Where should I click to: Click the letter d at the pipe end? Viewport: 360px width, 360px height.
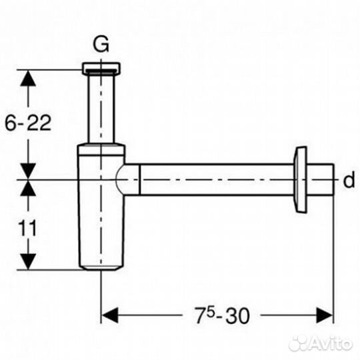[x=349, y=180]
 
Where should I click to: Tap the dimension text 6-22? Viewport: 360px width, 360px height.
[x=28, y=123]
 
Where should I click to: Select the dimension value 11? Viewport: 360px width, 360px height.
[x=27, y=228]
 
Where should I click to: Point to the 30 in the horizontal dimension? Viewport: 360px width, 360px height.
[x=237, y=315]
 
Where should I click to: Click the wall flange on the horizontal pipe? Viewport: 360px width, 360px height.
[x=300, y=180]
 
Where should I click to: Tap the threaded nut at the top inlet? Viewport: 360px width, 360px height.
[x=101, y=69]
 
